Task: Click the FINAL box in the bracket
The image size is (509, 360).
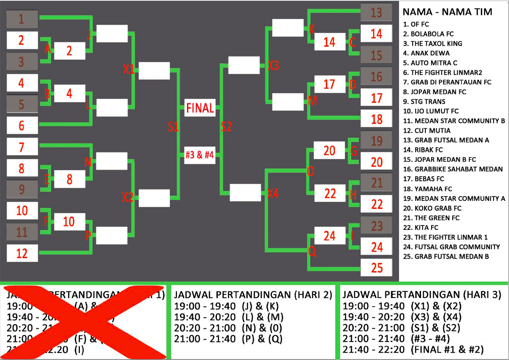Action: [200, 108]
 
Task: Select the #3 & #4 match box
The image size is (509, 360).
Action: [200, 155]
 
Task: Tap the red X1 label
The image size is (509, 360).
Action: [129, 69]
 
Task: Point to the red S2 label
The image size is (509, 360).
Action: [226, 127]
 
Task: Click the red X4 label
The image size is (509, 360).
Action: [273, 193]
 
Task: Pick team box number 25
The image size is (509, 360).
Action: [376, 267]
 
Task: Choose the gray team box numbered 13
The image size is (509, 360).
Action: [376, 12]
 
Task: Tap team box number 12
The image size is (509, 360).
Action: [22, 253]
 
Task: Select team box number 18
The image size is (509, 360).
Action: [376, 118]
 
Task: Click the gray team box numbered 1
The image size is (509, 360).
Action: [22, 19]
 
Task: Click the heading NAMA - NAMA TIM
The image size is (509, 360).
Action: [447, 12]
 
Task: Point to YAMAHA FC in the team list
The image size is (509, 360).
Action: [430, 189]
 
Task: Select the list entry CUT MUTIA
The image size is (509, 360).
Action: [427, 131]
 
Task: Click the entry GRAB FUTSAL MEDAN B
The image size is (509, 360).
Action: [446, 256]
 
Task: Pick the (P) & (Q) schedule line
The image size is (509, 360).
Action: [228, 338]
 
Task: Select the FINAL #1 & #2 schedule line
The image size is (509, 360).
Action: [413, 349]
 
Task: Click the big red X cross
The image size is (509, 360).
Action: [84, 322]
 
